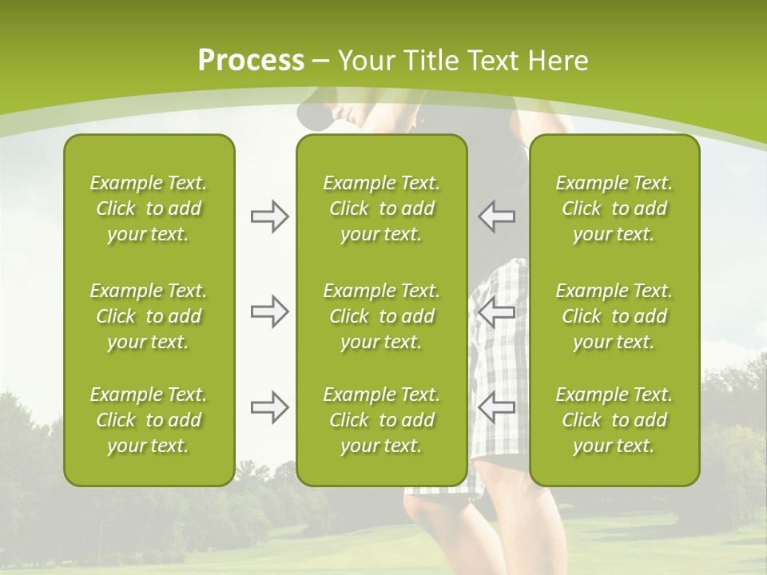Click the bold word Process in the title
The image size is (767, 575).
[x=251, y=60]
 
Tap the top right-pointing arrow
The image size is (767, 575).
[x=269, y=216]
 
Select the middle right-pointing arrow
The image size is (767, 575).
[x=269, y=311]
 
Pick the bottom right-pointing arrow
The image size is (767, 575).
[x=269, y=407]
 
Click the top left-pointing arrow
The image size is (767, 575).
[x=497, y=216]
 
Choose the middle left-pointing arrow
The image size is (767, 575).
[x=497, y=311]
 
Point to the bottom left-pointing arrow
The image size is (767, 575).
[x=497, y=407]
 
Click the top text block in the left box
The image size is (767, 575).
[x=149, y=208]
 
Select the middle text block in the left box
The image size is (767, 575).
[x=149, y=315]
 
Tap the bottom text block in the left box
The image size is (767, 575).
[x=149, y=420]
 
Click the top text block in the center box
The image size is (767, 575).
[x=381, y=208]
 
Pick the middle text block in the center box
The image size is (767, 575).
[x=381, y=315]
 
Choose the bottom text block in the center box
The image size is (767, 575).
[x=381, y=420]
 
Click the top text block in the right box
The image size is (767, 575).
[x=614, y=208]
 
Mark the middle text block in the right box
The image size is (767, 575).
[x=614, y=315]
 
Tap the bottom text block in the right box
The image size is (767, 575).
[x=614, y=420]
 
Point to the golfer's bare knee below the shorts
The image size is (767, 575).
[x=431, y=519]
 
